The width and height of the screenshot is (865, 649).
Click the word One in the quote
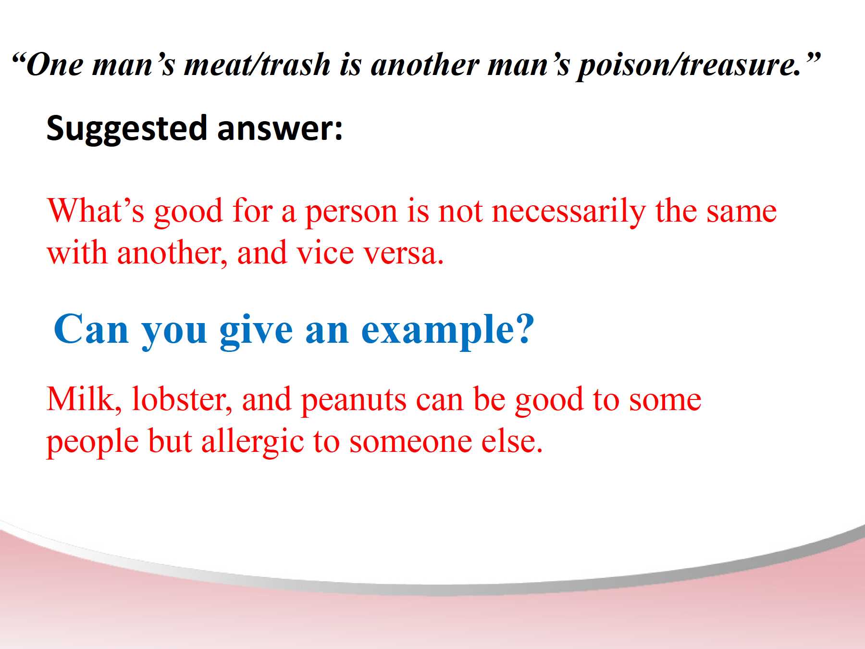tap(54, 64)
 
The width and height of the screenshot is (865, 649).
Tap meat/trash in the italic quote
tap(258, 64)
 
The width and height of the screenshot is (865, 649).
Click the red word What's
tap(96, 211)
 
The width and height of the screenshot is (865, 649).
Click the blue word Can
tap(91, 329)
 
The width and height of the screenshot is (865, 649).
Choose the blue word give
tap(256, 331)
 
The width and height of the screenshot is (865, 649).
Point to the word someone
tap(410, 443)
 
